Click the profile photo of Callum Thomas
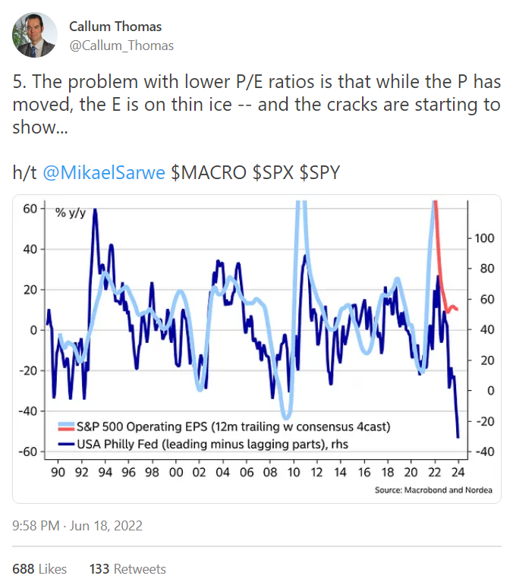coord(36,35)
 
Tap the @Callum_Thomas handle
coord(121,46)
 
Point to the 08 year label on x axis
coord(271,470)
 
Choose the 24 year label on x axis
coord(458,470)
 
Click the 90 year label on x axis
coord(58,470)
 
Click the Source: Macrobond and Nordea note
coord(433,490)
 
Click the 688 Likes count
coord(39,568)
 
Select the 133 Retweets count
coord(127,568)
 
